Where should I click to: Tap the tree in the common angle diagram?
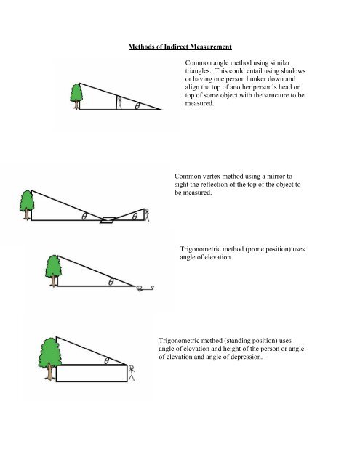[76, 95]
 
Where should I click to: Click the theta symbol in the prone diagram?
[111, 283]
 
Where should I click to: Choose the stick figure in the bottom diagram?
[132, 373]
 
